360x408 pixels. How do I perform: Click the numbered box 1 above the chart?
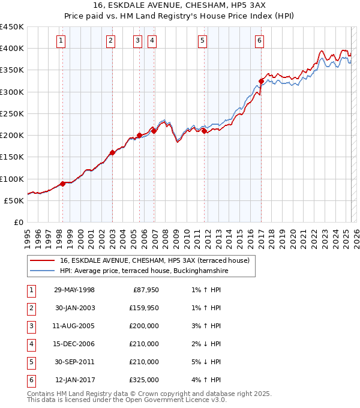pos(62,41)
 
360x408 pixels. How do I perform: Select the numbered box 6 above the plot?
pos(259,41)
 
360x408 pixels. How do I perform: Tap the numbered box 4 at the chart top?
pos(152,41)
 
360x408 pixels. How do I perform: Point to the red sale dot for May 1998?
pos(63,184)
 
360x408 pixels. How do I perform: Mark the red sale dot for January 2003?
pos(112,152)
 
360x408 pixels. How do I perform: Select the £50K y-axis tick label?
pos(16,200)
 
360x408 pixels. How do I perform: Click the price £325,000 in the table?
pos(144,380)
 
